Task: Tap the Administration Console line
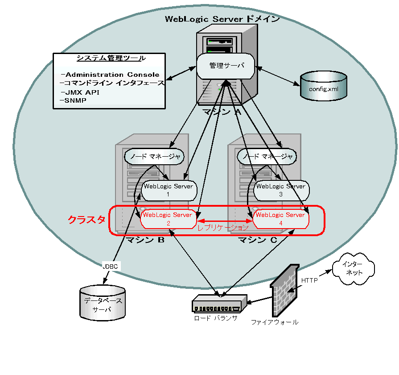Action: pyautogui.click(x=112, y=75)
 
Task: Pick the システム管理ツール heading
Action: pyautogui.click(x=111, y=58)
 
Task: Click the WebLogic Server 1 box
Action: pyautogui.click(x=168, y=190)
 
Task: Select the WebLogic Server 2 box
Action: pyautogui.click(x=168, y=219)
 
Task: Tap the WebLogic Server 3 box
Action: pyautogui.click(x=280, y=190)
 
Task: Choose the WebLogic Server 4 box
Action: pyautogui.click(x=280, y=219)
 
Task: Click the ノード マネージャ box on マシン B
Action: pyautogui.click(x=154, y=156)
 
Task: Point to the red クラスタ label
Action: pyautogui.click(x=86, y=220)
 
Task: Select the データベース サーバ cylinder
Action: pyautogui.click(x=102, y=304)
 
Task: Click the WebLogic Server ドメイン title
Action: pyautogui.click(x=222, y=19)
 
